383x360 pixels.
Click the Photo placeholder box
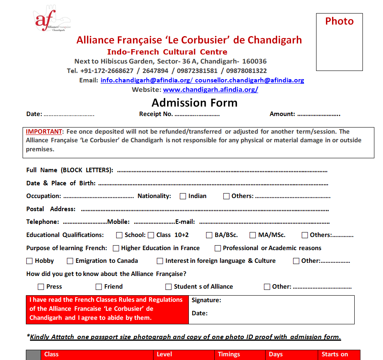(x=339, y=42)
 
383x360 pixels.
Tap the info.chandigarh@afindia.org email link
(x=146, y=80)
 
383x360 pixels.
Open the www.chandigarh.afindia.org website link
(x=211, y=89)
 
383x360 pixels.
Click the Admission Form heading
(x=195, y=103)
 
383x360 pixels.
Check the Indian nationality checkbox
(x=183, y=196)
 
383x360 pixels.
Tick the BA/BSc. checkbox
(x=209, y=235)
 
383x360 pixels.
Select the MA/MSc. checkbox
(x=253, y=235)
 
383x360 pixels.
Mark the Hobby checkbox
(x=30, y=261)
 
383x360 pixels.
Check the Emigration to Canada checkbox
(x=70, y=261)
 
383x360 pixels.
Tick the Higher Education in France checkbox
(x=116, y=248)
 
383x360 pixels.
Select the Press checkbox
(x=41, y=287)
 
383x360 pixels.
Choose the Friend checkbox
(x=99, y=287)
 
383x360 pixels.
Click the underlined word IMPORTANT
(x=44, y=132)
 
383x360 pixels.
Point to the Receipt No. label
(x=156, y=114)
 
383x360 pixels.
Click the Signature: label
(x=206, y=300)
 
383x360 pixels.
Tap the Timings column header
(x=229, y=354)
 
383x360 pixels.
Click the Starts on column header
(x=335, y=354)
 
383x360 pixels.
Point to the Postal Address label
(x=51, y=209)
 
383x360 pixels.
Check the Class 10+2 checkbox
(x=151, y=235)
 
